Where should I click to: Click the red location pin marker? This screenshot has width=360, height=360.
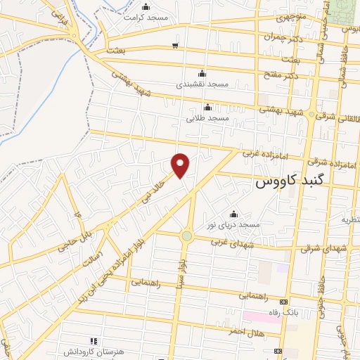point(181,165)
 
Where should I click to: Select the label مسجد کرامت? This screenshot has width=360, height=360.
point(147,15)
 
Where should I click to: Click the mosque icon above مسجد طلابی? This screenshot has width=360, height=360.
point(207,107)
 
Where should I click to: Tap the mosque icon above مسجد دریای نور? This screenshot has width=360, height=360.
point(234,214)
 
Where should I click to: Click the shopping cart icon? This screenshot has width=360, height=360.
point(174,46)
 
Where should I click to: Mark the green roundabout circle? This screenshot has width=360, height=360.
point(186,236)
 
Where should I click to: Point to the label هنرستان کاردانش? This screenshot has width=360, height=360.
point(66,349)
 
